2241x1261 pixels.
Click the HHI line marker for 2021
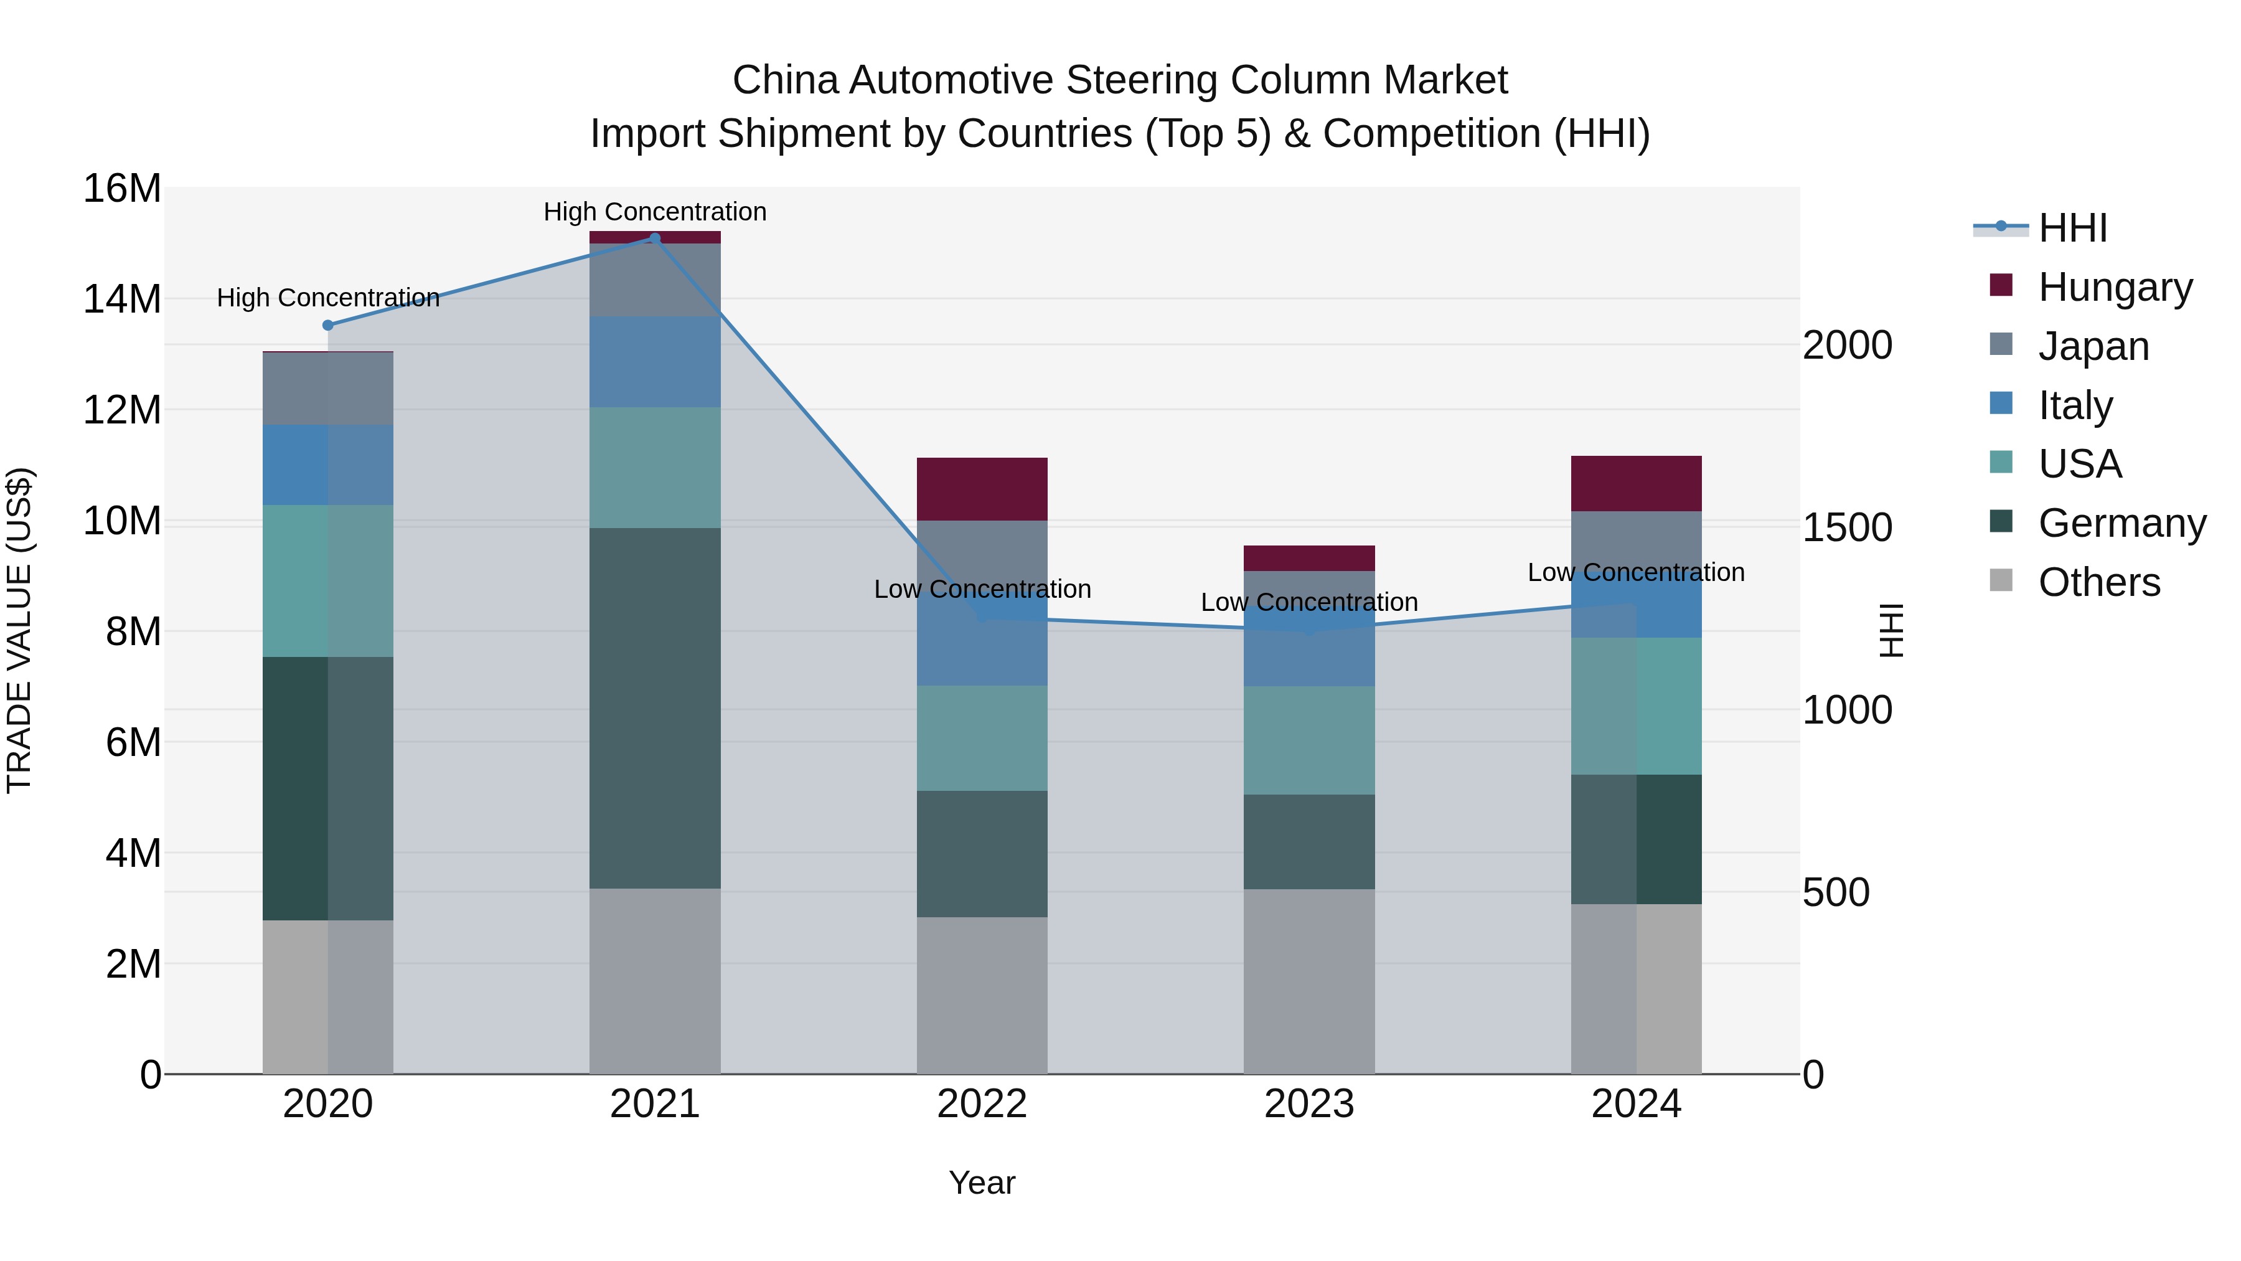pyautogui.click(x=655, y=239)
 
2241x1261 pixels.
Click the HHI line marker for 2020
pyautogui.click(x=328, y=326)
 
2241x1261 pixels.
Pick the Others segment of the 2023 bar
pyautogui.click(x=1308, y=981)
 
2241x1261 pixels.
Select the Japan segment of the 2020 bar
pyautogui.click(x=328, y=388)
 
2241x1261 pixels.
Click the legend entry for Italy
pyautogui.click(x=2074, y=405)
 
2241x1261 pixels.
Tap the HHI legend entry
pyautogui.click(x=2071, y=228)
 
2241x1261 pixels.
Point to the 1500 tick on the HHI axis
pyautogui.click(x=1846, y=527)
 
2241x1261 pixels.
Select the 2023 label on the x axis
pyautogui.click(x=1308, y=1104)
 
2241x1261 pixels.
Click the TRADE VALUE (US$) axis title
pyautogui.click(x=19, y=630)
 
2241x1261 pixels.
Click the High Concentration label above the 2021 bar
pyautogui.click(x=655, y=212)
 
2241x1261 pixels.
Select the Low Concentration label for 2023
pyautogui.click(x=1308, y=602)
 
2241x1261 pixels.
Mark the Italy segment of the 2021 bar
pyautogui.click(x=655, y=362)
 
